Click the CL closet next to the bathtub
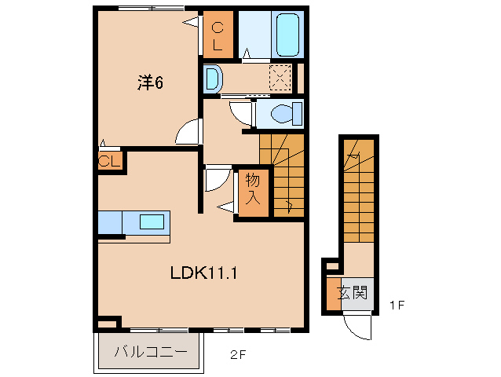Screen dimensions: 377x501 tap(218, 35)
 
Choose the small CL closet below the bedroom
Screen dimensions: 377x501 tap(109, 162)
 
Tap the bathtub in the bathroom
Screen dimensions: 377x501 tap(287, 34)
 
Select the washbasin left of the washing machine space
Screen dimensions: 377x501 tap(213, 78)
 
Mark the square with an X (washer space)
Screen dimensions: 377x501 tap(280, 78)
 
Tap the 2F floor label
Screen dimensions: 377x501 tap(238, 354)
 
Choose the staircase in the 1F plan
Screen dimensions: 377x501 tap(360, 196)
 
